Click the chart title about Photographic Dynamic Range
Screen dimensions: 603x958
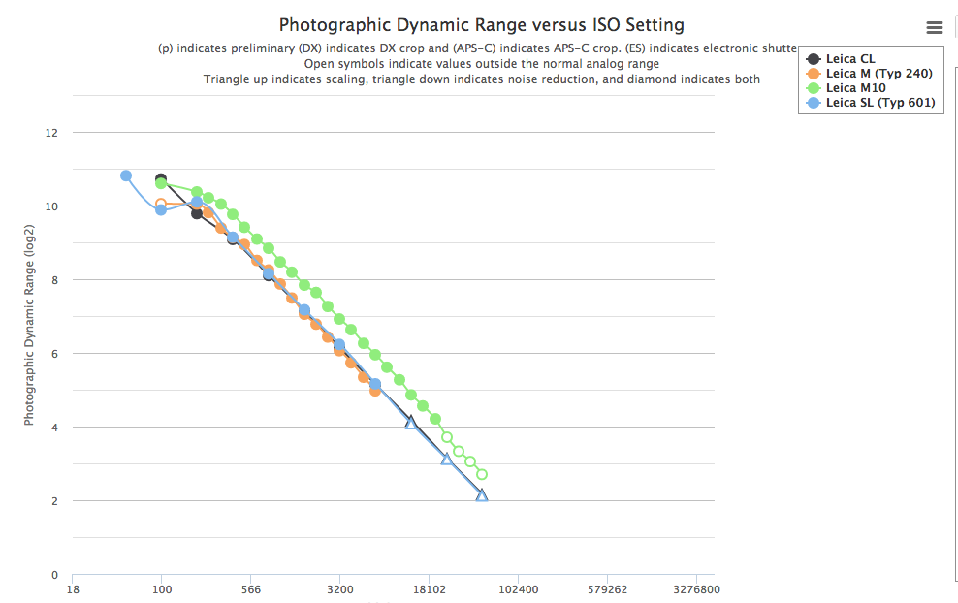[x=481, y=24]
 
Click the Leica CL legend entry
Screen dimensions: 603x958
[x=849, y=59]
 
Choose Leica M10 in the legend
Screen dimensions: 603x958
[x=854, y=88]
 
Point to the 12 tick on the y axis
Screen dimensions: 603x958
[x=52, y=133]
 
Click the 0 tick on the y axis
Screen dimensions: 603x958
[x=54, y=575]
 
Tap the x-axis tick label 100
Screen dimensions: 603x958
[x=162, y=588]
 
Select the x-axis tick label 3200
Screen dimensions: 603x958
[x=340, y=588]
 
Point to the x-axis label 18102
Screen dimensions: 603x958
[x=430, y=588]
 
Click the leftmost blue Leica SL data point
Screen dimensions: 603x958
[x=126, y=175]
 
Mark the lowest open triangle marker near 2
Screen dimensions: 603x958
[x=482, y=495]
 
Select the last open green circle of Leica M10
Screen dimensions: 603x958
[x=482, y=474]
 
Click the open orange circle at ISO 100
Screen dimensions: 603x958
[x=161, y=204]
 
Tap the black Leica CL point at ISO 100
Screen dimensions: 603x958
[x=161, y=179]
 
